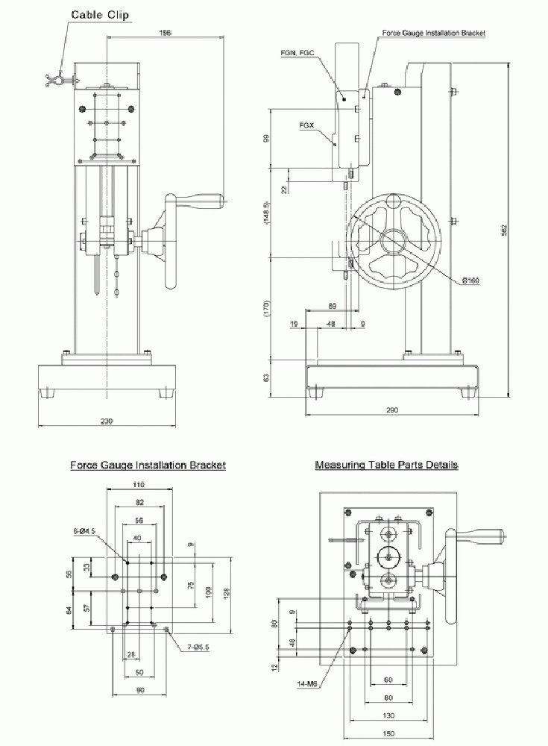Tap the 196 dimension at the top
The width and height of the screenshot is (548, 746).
(166, 33)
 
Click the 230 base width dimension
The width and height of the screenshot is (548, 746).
(107, 421)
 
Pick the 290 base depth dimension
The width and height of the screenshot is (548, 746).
(393, 410)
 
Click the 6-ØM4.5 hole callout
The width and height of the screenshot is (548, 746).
(84, 532)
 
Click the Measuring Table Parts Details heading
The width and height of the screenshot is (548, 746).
(386, 465)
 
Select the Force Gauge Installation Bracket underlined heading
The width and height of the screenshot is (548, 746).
(148, 465)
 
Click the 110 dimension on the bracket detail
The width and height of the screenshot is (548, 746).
(139, 485)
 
